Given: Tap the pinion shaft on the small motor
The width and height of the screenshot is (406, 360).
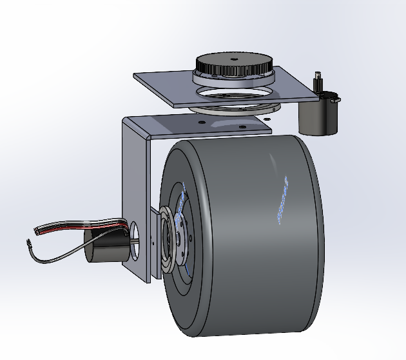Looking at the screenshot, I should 317,83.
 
